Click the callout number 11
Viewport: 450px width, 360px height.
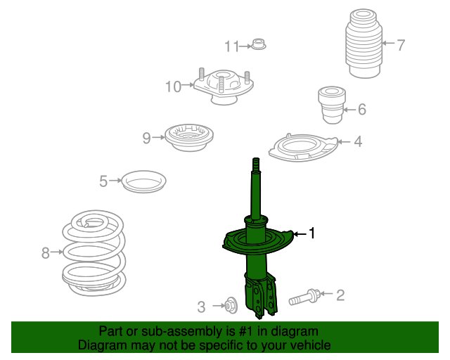pos(231,46)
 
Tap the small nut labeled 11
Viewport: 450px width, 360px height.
pos(259,44)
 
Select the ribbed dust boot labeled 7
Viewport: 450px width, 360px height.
pos(364,44)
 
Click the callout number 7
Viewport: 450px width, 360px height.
pos(401,45)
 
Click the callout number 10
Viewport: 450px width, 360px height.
pos(174,86)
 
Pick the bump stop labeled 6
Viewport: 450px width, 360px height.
pos(332,105)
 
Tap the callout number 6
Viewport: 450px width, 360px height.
pos(362,109)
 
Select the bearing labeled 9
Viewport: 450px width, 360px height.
pos(189,138)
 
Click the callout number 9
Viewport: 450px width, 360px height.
pos(147,138)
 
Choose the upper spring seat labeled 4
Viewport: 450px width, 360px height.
pos(303,147)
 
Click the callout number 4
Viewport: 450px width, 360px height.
pos(358,141)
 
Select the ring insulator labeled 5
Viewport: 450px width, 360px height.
pos(143,181)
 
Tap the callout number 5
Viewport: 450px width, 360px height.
pos(103,181)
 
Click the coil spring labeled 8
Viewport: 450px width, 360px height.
pos(94,253)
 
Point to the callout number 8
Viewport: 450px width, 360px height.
pos(45,253)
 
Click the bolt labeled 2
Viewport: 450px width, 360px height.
pos(305,297)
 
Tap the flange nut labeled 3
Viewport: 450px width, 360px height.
pos(231,305)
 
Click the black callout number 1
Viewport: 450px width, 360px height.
pos(312,233)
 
